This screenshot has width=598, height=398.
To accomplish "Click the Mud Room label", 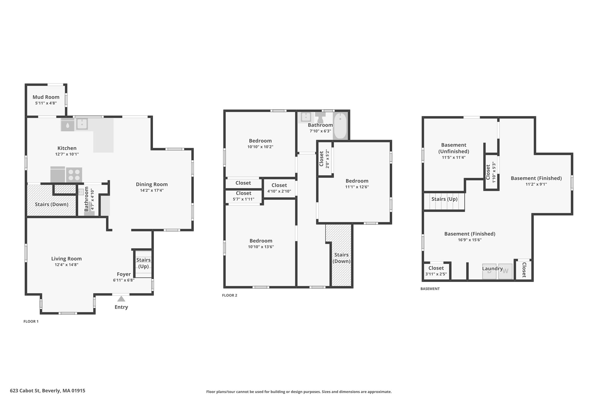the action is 46,97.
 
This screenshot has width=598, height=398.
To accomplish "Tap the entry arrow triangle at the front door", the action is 121,299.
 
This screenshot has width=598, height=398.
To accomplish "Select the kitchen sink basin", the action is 82,124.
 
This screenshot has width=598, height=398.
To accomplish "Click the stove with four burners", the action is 74,175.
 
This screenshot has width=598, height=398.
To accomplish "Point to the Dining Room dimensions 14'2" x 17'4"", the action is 152,190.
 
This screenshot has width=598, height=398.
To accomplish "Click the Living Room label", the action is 66,259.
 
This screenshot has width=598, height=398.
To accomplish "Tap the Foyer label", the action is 124,274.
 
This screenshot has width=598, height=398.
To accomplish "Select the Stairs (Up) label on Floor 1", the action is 143,263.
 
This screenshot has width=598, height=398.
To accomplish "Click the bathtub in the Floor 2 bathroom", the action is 340,126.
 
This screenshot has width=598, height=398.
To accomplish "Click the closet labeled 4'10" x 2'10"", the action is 279,188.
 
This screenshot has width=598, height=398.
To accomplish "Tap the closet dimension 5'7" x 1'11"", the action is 244,199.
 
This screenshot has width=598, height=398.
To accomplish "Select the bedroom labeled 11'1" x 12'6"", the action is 357,183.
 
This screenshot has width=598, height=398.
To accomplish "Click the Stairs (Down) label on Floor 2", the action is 341,258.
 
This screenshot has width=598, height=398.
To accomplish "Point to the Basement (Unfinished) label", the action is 453,148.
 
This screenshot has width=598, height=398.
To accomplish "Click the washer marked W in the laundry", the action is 505,271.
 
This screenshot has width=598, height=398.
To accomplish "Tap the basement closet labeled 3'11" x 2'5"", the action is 436,271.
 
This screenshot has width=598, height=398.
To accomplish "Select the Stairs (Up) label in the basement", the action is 444,199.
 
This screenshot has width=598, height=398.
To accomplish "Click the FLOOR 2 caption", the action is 230,295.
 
